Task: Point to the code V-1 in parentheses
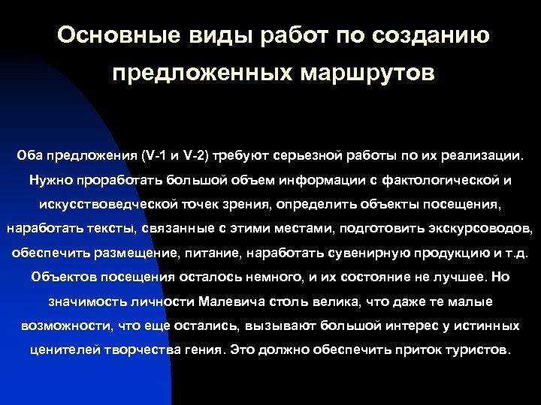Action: pos(154,156)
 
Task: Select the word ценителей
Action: pos(65,349)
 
